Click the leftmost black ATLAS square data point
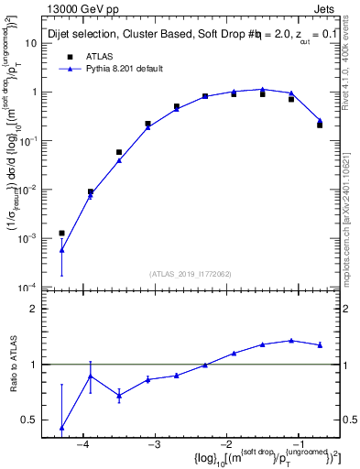(x=61, y=233)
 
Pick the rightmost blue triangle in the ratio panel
(x=320, y=345)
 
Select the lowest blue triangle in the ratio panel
(x=61, y=428)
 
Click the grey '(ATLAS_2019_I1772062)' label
(x=191, y=272)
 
